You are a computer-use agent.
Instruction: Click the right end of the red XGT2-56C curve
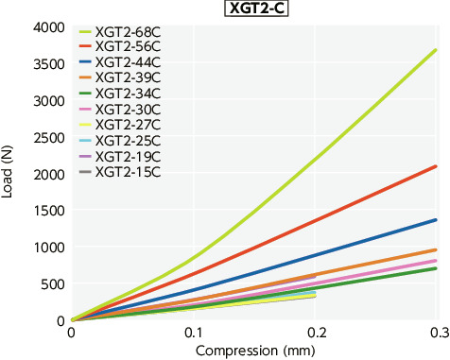435,166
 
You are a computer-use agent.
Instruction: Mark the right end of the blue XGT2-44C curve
435,220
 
